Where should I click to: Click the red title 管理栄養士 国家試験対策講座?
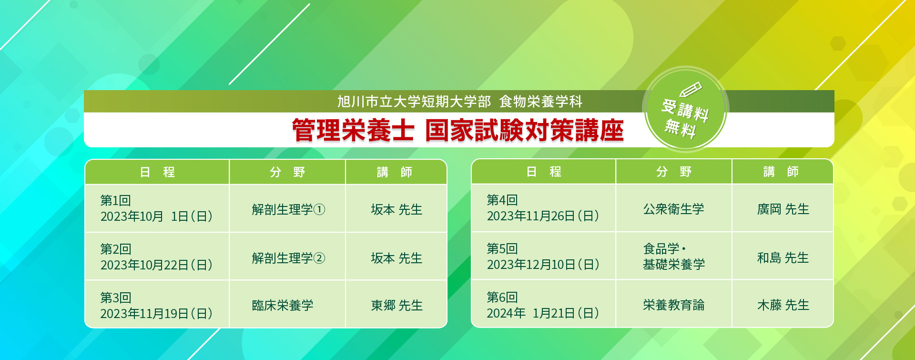coord(457,130)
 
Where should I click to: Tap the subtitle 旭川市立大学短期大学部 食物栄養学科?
coord(460,102)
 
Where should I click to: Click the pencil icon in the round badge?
coord(691,89)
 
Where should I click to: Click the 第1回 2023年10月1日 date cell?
coord(157,208)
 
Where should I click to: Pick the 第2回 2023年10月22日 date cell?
coord(157,257)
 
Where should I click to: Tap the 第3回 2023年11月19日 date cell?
coord(157,305)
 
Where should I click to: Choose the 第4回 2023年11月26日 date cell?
coord(543,208)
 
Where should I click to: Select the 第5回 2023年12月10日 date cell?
coord(543,256)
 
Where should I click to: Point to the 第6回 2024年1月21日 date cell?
coord(543,304)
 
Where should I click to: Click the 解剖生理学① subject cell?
coord(287,208)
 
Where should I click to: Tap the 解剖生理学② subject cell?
coord(287,257)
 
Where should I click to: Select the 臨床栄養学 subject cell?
coord(287,305)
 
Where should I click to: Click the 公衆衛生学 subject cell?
coord(674,208)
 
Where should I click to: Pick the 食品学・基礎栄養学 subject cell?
coord(674,256)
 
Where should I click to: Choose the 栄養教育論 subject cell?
coord(674,304)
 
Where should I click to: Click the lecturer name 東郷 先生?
coord(396,305)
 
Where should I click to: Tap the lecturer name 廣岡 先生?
coord(783,209)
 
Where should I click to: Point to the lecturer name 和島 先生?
coord(783,257)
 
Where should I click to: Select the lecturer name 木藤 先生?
coord(783,305)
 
